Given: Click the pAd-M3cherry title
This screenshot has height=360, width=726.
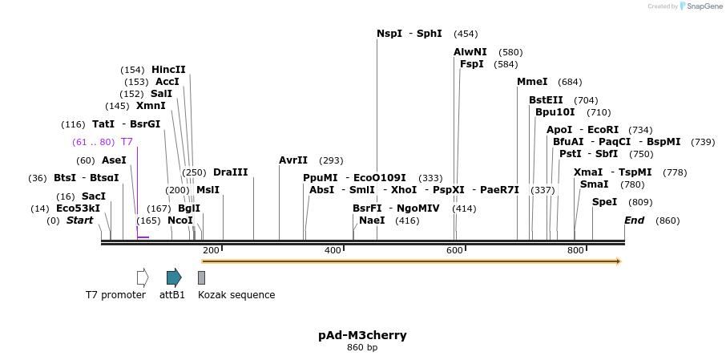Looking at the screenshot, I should [x=362, y=335].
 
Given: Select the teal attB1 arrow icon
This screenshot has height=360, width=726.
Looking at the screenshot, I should [x=174, y=277].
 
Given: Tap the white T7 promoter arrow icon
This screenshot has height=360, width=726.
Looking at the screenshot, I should [x=143, y=277].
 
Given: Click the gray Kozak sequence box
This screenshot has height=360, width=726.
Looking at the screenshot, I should [x=201, y=277].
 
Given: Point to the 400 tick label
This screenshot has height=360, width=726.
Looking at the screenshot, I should [x=333, y=251].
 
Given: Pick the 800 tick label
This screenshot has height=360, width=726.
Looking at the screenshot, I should [x=575, y=251].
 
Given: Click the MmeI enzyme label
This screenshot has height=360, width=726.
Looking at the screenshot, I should [x=532, y=82].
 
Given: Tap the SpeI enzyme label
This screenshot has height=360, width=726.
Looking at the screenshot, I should [x=604, y=202].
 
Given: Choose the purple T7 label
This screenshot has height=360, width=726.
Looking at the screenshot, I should [x=127, y=142].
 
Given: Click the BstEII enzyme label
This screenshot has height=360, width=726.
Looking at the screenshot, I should [x=546, y=100].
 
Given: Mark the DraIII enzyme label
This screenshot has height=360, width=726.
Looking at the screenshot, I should [x=231, y=172].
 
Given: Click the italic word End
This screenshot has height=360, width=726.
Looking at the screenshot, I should [x=634, y=220].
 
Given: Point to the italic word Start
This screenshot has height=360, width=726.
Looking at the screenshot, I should [x=79, y=220].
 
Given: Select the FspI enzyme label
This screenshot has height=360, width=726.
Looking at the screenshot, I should [x=472, y=64].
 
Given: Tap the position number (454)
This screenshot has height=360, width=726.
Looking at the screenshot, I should [x=466, y=34].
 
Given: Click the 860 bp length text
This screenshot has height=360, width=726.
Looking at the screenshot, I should [x=362, y=348].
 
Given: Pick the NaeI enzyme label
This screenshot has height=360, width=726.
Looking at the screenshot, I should [x=372, y=220].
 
